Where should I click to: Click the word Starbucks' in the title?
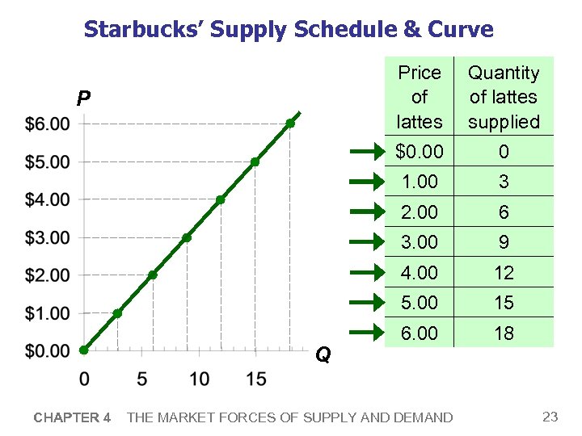coord(144,30)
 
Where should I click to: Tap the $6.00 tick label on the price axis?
coord(47,124)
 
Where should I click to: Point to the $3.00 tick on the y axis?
coord(47,237)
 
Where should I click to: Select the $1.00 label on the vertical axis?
coord(47,312)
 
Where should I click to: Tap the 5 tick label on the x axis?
coord(142,378)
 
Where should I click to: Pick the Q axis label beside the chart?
coord(323,355)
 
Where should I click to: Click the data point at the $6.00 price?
coord(290,124)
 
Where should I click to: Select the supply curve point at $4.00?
coord(221,199)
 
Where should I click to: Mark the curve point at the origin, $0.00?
coord(84,350)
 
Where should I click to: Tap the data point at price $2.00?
coord(152,275)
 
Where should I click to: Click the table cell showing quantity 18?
coord(504,333)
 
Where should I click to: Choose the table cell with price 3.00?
coord(420,242)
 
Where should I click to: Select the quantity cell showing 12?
coord(504,273)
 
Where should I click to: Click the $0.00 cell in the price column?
coord(420,152)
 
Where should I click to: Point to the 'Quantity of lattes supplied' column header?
coord(504,97)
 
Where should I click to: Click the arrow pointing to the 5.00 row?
coord(368,303)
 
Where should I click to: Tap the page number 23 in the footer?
coord(550,417)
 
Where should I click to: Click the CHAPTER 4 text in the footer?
coord(72,417)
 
